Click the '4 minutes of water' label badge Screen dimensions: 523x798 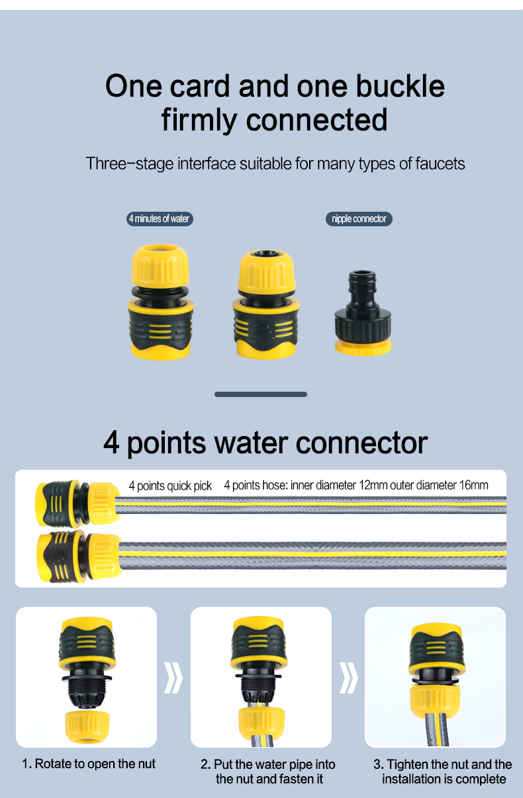click(160, 219)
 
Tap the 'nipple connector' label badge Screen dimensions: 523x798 click(359, 219)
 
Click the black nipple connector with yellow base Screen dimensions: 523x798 click(363, 313)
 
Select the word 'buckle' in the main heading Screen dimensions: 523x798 click(401, 86)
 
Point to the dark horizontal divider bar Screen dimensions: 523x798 click(261, 394)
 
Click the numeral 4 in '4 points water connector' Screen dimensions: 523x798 click(111, 443)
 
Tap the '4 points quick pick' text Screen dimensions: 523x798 click(170, 486)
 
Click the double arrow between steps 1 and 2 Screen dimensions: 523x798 click(173, 678)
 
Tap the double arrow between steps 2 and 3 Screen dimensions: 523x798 click(348, 678)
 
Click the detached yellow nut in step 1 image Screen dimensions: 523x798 click(87, 727)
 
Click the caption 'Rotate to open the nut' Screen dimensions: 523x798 click(95, 764)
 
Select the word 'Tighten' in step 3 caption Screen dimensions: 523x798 click(408, 764)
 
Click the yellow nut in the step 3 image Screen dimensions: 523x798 click(436, 701)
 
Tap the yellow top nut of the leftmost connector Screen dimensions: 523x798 click(160, 266)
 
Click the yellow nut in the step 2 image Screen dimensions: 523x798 click(261, 723)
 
